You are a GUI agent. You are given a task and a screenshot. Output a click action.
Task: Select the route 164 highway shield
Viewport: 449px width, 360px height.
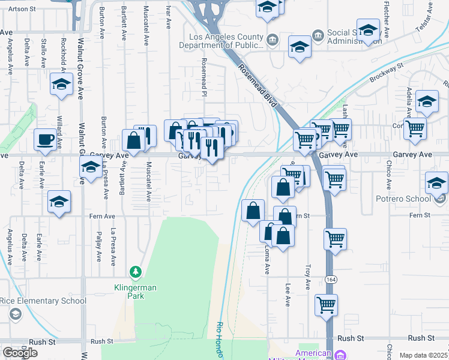(331, 280)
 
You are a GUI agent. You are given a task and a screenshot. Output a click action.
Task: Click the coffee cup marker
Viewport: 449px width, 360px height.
(46, 140)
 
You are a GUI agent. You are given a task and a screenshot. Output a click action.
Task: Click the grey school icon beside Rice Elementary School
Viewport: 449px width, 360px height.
(16, 313)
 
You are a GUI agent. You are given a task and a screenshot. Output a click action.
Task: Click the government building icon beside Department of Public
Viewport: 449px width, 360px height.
(273, 40)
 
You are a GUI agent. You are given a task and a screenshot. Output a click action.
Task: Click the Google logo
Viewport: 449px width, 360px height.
(20, 353)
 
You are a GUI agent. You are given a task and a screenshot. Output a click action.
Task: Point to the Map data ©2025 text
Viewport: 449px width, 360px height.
(424, 355)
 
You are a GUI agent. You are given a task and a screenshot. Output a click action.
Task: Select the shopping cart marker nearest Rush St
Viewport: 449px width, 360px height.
(327, 305)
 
